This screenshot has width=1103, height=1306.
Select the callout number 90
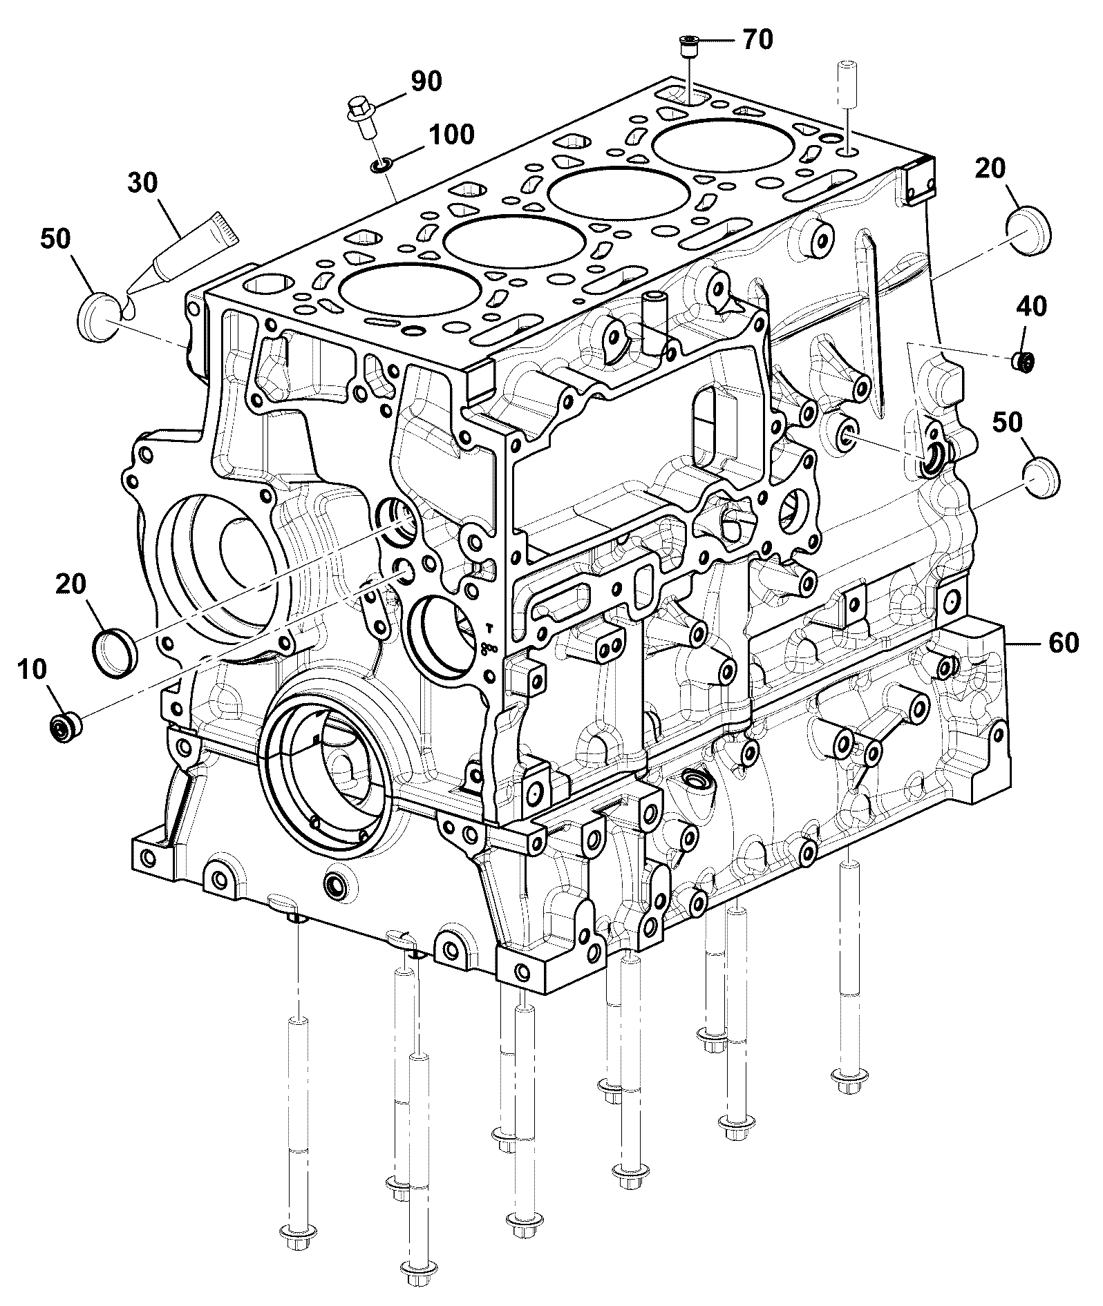(426, 81)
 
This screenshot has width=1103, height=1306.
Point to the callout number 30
(142, 183)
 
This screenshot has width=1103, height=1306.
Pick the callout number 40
(1030, 306)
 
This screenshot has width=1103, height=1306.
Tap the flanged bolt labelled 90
(360, 118)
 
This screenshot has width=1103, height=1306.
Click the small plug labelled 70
(687, 46)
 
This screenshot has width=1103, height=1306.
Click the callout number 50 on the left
(55, 239)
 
